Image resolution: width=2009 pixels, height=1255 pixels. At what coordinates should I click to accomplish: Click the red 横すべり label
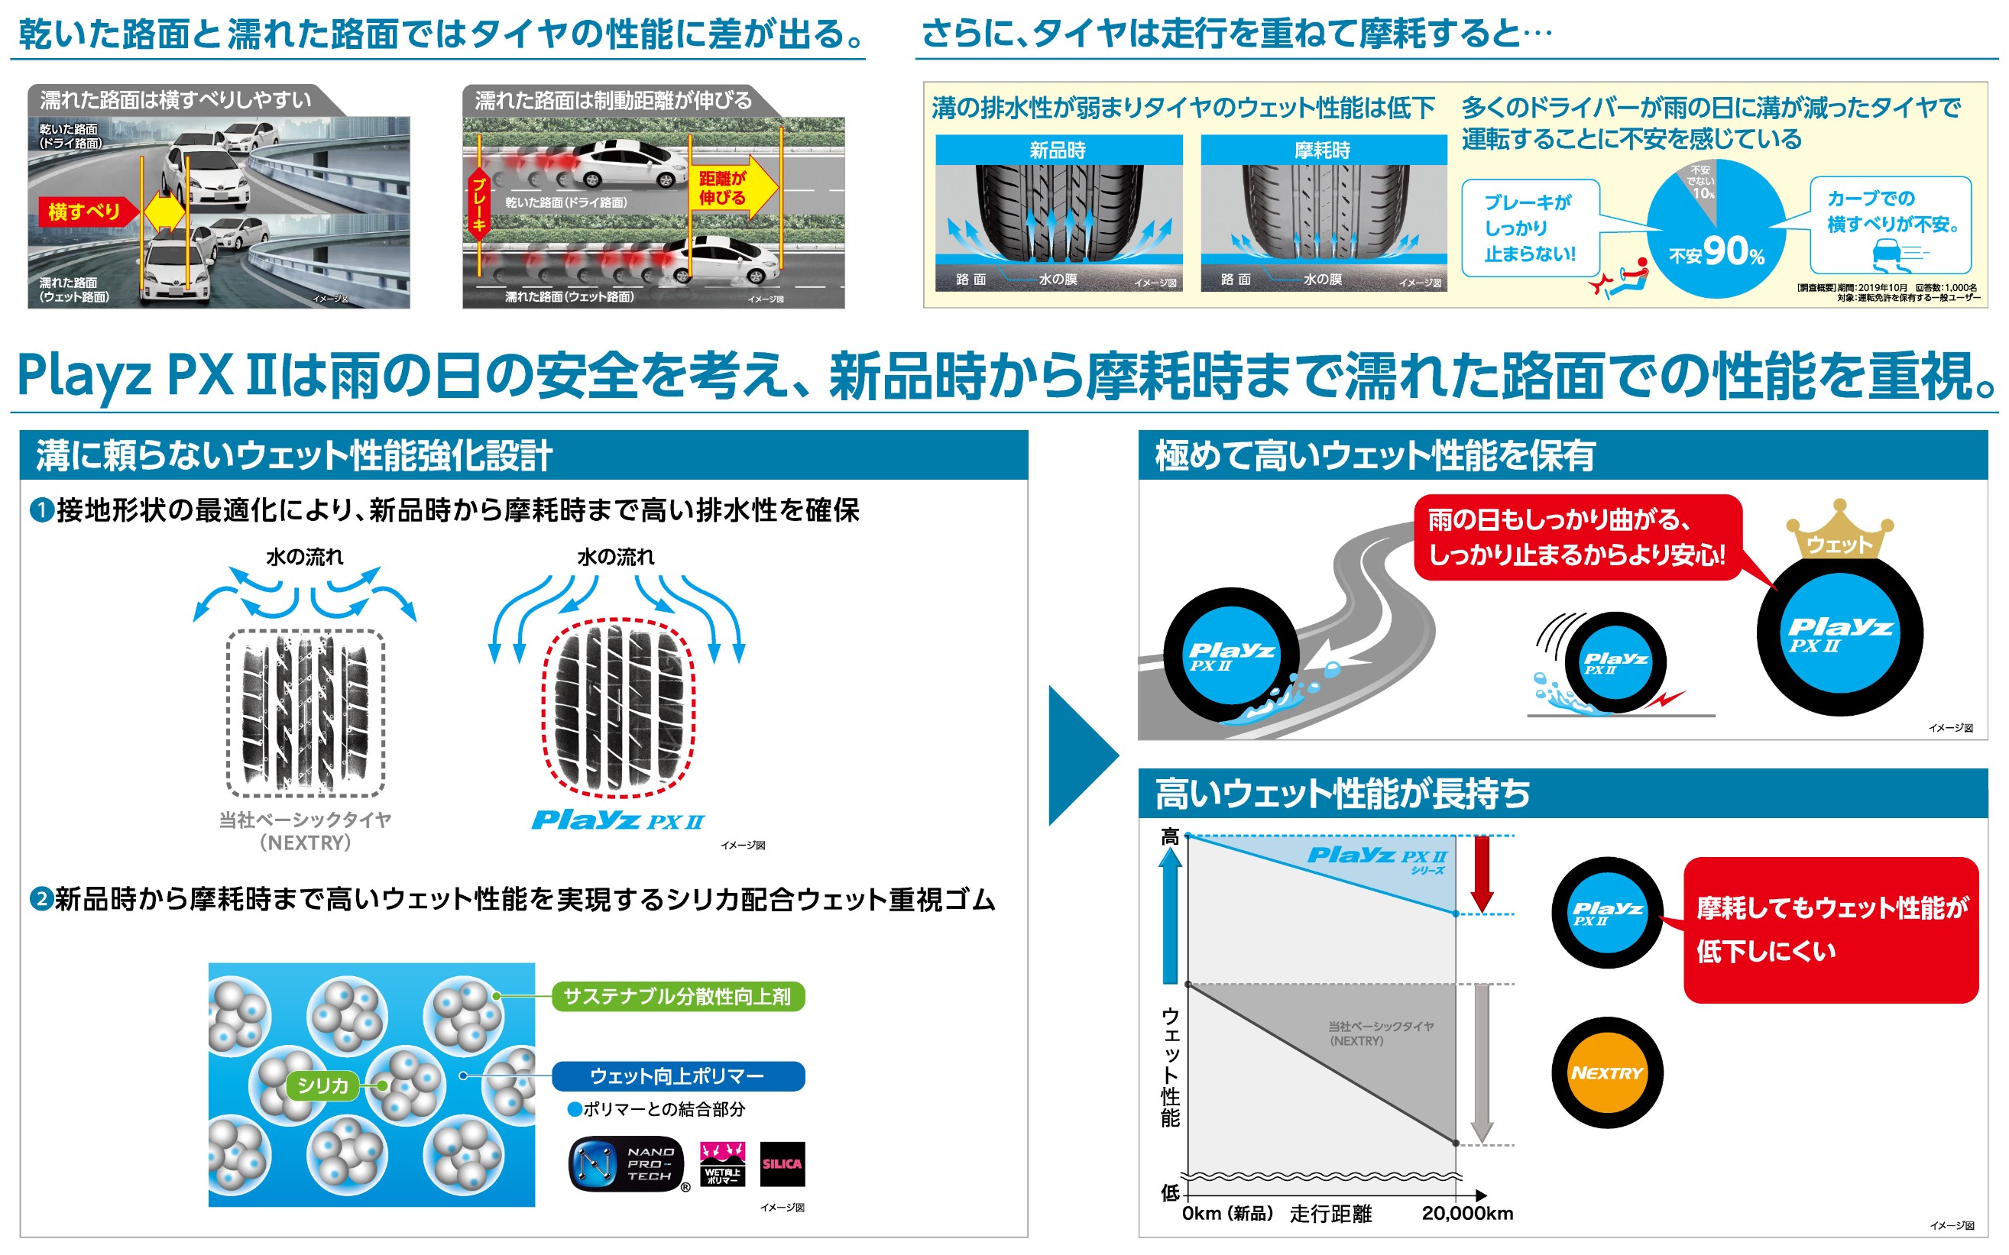click(x=84, y=212)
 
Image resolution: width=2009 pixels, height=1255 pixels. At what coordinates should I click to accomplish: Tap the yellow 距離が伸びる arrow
click(x=731, y=189)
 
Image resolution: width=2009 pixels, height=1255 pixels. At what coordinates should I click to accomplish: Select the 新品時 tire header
click(x=1058, y=150)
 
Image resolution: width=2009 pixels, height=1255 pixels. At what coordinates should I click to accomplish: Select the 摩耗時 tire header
click(x=1323, y=150)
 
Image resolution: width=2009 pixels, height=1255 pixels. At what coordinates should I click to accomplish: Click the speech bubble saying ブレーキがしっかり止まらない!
click(x=1529, y=228)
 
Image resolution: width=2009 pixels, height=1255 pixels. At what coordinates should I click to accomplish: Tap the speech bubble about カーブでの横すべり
click(x=1891, y=222)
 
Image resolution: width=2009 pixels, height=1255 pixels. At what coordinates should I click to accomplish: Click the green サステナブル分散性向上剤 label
click(x=677, y=996)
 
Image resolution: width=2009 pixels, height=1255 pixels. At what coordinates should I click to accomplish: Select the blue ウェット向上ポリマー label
click(x=677, y=1075)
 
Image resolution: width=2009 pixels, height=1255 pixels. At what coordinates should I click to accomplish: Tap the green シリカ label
click(x=322, y=1085)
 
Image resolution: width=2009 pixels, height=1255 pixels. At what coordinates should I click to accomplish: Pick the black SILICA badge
click(x=782, y=1163)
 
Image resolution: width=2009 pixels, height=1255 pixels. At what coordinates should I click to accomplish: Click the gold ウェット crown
click(x=1839, y=534)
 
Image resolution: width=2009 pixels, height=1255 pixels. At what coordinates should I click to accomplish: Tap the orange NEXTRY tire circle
click(x=1607, y=1072)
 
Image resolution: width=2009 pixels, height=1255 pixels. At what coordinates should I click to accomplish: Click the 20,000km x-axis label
click(x=1467, y=1214)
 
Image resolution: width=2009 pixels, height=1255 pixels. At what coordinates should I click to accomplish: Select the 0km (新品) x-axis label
click(x=1227, y=1214)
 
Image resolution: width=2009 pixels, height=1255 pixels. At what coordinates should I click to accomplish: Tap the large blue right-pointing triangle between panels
click(x=1079, y=755)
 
